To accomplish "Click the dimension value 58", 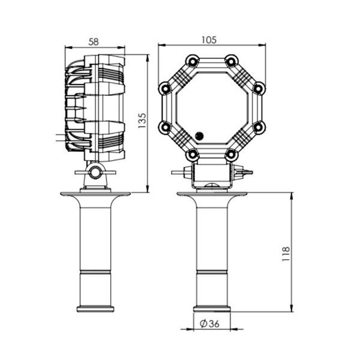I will point(95,42).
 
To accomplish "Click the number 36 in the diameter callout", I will point(215,323).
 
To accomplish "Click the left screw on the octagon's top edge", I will point(192,61).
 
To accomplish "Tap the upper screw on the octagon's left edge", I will point(165,89).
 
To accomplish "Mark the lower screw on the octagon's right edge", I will point(258,127).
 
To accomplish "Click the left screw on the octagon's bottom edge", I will point(192,154).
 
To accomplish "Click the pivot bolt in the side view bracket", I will point(94,173).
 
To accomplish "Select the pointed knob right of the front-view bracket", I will point(244,172).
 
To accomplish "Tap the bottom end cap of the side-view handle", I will point(95,309).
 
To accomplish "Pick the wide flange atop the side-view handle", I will point(95,193).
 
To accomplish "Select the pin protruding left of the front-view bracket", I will point(178,172).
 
